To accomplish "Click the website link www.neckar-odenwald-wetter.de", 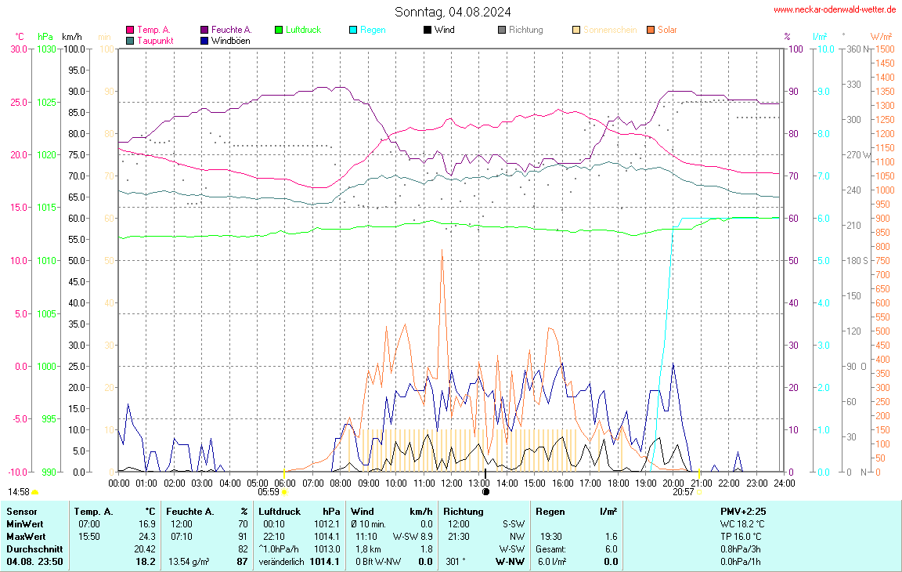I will coord(835,9).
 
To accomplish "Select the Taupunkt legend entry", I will coord(155,41).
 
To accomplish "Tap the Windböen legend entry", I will coord(230,41).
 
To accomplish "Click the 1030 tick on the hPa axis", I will coord(46,49).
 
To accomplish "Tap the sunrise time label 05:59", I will coord(268,492).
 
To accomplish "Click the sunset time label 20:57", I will coord(683,492).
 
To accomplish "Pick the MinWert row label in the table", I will coord(25,523).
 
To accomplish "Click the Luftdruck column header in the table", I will coord(280,511).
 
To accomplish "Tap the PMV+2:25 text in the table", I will coord(742,511).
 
